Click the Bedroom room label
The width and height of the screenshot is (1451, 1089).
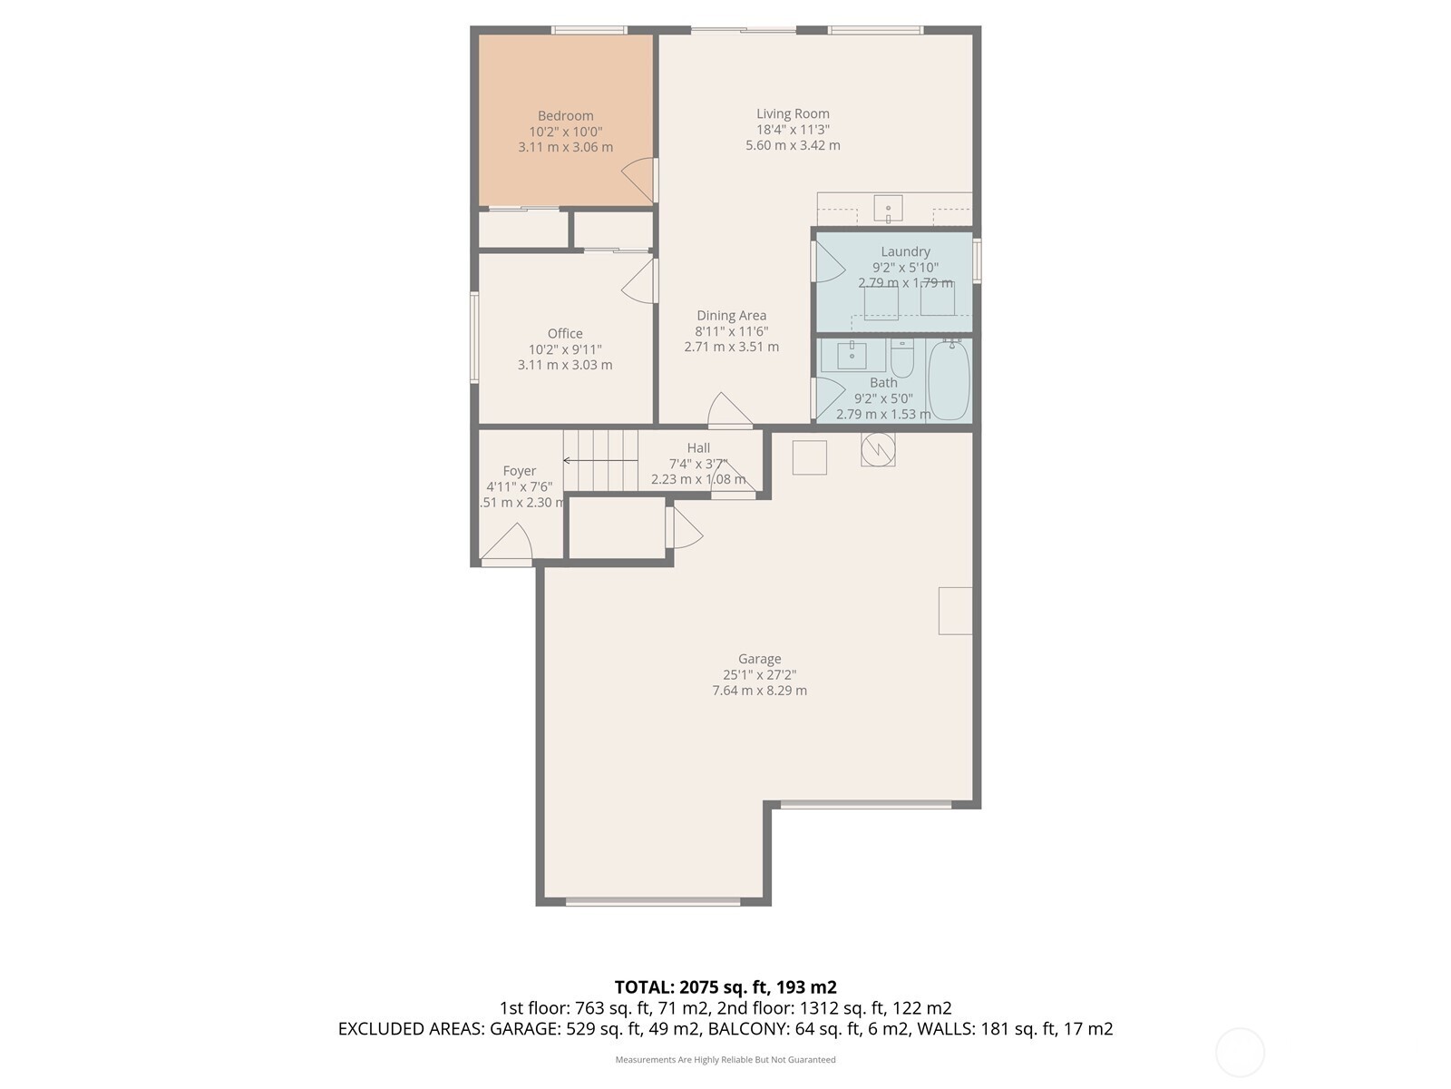(565, 116)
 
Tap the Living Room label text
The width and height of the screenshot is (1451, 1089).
(793, 114)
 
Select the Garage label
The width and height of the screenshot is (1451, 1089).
(759, 660)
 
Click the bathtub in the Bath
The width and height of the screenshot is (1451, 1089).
(949, 380)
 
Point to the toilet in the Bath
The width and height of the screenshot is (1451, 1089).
(901, 359)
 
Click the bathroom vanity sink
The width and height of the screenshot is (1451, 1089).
(852, 356)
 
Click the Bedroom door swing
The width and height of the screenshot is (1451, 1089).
(640, 180)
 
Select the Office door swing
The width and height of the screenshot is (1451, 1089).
(640, 281)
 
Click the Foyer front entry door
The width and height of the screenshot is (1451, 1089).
(507, 544)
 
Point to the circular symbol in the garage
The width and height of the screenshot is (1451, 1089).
(878, 449)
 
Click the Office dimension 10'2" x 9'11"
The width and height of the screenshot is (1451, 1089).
(565, 349)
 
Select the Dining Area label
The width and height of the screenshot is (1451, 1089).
(731, 316)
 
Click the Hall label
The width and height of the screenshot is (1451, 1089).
(698, 448)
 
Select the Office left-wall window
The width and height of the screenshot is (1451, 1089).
(474, 337)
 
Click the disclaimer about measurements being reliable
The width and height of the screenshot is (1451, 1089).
(725, 1060)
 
